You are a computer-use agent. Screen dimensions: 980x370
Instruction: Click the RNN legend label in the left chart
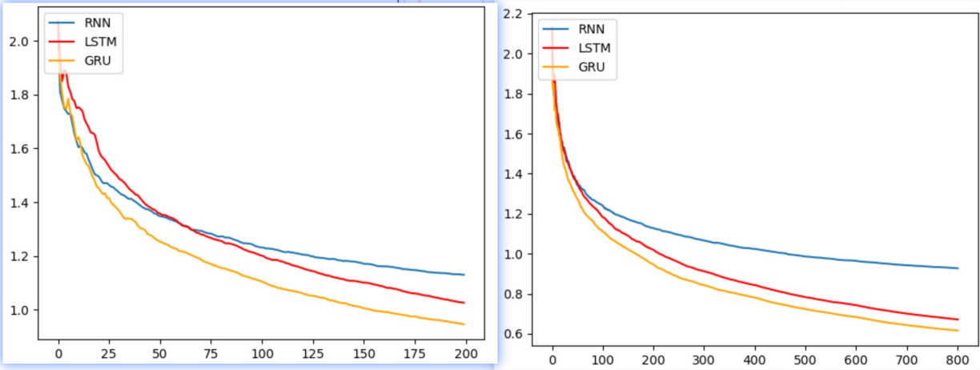tap(97, 22)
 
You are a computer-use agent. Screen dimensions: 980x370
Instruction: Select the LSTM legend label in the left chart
tap(100, 42)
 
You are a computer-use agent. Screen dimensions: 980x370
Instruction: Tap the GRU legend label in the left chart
tap(97, 60)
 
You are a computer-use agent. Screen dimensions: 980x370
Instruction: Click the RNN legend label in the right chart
tap(591, 29)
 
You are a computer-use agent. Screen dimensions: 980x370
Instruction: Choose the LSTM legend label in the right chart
tap(594, 48)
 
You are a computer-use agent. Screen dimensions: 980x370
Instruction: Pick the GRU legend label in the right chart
tap(591, 67)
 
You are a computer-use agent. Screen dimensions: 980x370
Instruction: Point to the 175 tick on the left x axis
tap(415, 354)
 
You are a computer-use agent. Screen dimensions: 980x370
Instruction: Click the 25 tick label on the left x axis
tap(109, 354)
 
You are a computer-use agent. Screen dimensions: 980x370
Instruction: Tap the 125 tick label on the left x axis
tap(313, 354)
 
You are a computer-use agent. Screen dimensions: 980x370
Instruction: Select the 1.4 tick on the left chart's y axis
tap(18, 203)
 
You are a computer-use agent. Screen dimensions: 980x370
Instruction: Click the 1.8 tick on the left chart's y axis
tap(18, 95)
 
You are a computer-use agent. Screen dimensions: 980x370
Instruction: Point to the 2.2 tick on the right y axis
tap(512, 14)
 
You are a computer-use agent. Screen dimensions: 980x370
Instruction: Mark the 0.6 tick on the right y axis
tap(512, 334)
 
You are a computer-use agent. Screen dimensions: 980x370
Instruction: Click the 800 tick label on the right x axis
tap(958, 360)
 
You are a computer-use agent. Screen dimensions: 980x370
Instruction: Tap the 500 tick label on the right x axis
tap(805, 360)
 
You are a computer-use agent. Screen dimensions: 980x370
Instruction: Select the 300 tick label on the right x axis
tap(705, 360)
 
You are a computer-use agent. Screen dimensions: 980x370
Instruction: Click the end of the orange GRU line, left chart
tap(464, 324)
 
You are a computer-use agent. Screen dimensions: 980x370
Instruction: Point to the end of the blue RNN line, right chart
tap(958, 268)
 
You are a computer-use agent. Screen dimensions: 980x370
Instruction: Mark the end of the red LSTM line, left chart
tap(464, 303)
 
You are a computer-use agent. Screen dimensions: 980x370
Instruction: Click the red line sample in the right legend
tap(556, 48)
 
